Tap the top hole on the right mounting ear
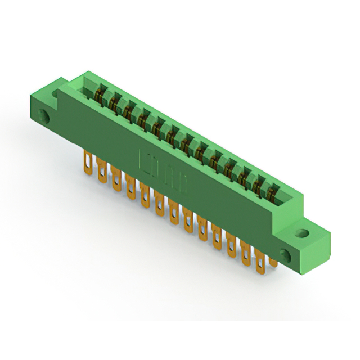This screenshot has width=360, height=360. (x=303, y=232)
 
